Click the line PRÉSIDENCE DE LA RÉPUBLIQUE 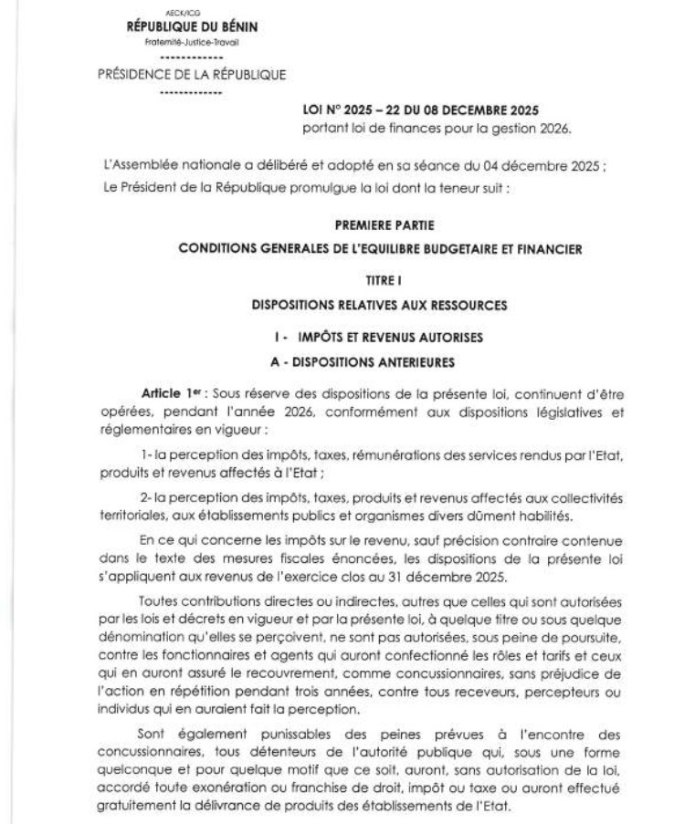[192, 75]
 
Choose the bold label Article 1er [169, 391]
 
